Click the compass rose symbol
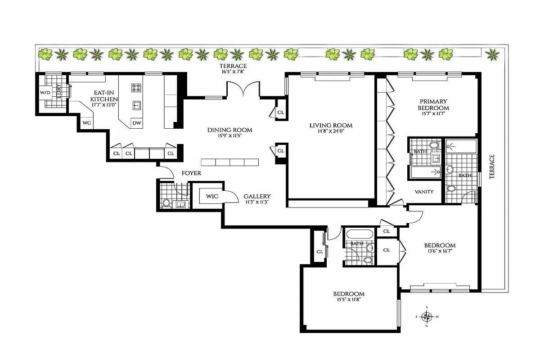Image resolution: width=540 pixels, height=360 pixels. click(428, 316)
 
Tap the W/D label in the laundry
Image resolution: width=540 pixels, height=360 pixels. click(45, 93)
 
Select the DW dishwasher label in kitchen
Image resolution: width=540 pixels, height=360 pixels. click(136, 123)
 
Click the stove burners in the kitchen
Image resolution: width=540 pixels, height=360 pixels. click(136, 87)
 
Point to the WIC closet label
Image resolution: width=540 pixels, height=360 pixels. click(212, 196)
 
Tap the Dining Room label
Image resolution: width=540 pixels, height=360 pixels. click(229, 130)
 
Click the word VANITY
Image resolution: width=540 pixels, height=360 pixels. click(424, 192)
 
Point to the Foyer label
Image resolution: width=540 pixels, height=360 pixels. click(191, 173)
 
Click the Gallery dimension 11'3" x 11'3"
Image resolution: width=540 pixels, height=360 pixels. click(256, 202)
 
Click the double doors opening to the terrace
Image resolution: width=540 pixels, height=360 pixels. click(243, 89)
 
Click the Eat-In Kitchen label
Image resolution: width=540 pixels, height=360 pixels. click(104, 96)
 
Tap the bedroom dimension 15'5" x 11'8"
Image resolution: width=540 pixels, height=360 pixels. click(349, 300)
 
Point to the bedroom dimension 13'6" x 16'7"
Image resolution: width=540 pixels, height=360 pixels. click(440, 252)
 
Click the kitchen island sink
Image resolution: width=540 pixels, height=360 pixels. click(136, 105)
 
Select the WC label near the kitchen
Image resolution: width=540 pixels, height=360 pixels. click(86, 123)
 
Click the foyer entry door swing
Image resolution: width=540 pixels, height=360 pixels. click(166, 171)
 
